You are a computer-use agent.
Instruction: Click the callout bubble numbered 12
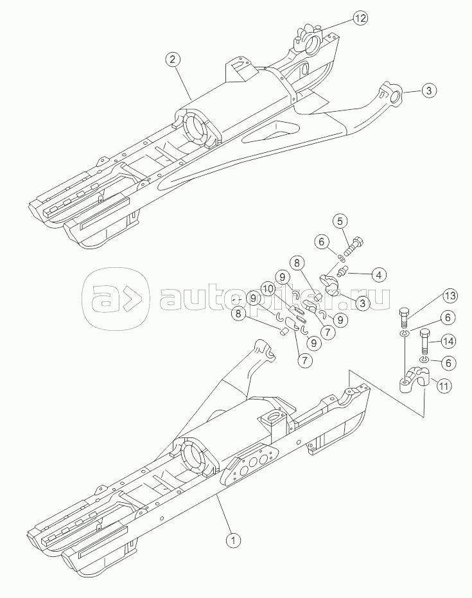360,18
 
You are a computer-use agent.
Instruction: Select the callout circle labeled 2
172,59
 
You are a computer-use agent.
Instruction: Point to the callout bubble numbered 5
340,221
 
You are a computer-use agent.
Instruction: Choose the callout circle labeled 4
379,274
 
